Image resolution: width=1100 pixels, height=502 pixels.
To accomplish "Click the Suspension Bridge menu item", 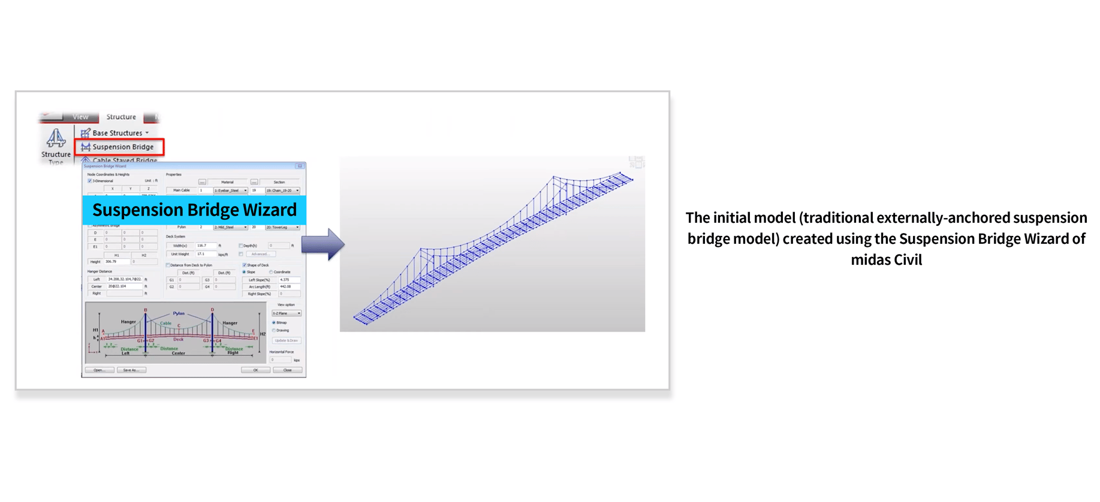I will tap(122, 147).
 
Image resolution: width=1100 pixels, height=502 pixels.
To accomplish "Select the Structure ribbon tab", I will tap(121, 117).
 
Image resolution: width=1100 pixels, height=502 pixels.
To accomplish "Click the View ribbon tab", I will tap(80, 117).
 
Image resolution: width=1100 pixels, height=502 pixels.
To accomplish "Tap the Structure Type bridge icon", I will tap(56, 138).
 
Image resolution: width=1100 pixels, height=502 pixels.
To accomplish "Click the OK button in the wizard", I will tap(255, 370).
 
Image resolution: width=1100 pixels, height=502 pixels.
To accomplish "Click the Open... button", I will tap(100, 370).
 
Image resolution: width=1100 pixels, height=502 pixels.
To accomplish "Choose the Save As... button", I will tap(131, 370).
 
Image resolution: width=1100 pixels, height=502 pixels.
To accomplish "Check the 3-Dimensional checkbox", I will tap(90, 181).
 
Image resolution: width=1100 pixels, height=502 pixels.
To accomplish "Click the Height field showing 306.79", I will tap(117, 262).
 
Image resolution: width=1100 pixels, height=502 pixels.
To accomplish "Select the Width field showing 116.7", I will tap(206, 246).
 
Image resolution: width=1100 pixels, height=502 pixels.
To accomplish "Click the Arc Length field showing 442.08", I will tap(289, 286).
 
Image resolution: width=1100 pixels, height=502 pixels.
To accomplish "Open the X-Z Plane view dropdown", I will tap(287, 313).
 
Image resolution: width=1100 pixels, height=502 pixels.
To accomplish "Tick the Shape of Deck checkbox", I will tap(245, 265).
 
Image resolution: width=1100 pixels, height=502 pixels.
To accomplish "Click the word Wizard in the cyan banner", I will tap(269, 210).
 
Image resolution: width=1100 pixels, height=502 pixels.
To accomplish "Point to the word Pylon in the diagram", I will tap(179, 313).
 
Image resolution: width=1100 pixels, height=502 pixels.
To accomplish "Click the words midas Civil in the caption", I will tap(886, 260).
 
